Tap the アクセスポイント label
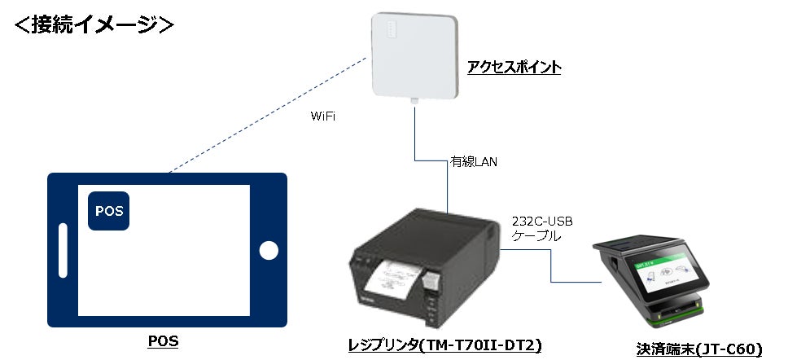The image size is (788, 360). (514, 67)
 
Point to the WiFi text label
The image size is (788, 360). (324, 117)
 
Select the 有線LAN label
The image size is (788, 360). (474, 162)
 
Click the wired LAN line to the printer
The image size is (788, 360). (416, 138)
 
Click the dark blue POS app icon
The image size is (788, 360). (109, 211)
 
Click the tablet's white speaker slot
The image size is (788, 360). (63, 251)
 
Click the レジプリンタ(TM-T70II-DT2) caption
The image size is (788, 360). (444, 346)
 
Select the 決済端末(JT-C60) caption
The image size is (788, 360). (698, 349)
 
